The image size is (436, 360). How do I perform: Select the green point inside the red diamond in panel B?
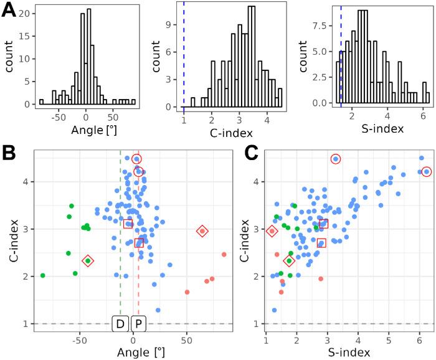tap(88, 261)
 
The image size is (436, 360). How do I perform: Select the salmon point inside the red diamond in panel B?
tap(202, 231)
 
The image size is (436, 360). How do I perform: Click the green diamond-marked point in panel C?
tap(289, 261)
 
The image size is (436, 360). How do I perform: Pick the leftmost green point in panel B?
tap(43, 275)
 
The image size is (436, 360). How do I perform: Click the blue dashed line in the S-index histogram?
tap(341, 56)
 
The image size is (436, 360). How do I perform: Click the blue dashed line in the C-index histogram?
tap(184, 56)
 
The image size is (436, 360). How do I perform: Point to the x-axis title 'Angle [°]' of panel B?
tap(130, 353)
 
